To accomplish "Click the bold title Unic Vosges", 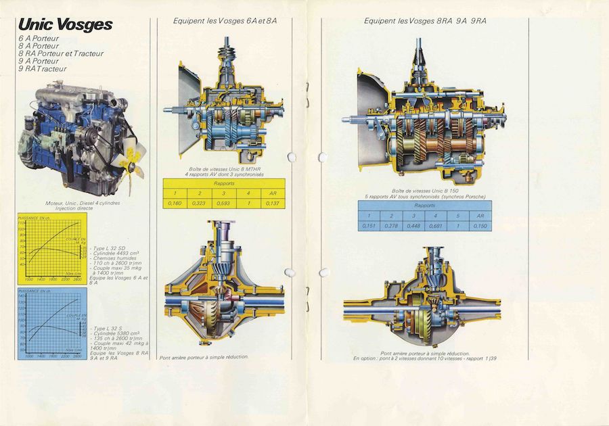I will click(66, 24).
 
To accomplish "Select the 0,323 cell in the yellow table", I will click(200, 202).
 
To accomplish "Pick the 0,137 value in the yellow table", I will click(272, 202).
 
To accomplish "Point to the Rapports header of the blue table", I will click(425, 205).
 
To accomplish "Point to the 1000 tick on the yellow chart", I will click(29, 278).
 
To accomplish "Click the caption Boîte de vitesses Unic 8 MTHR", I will click(223, 169).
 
